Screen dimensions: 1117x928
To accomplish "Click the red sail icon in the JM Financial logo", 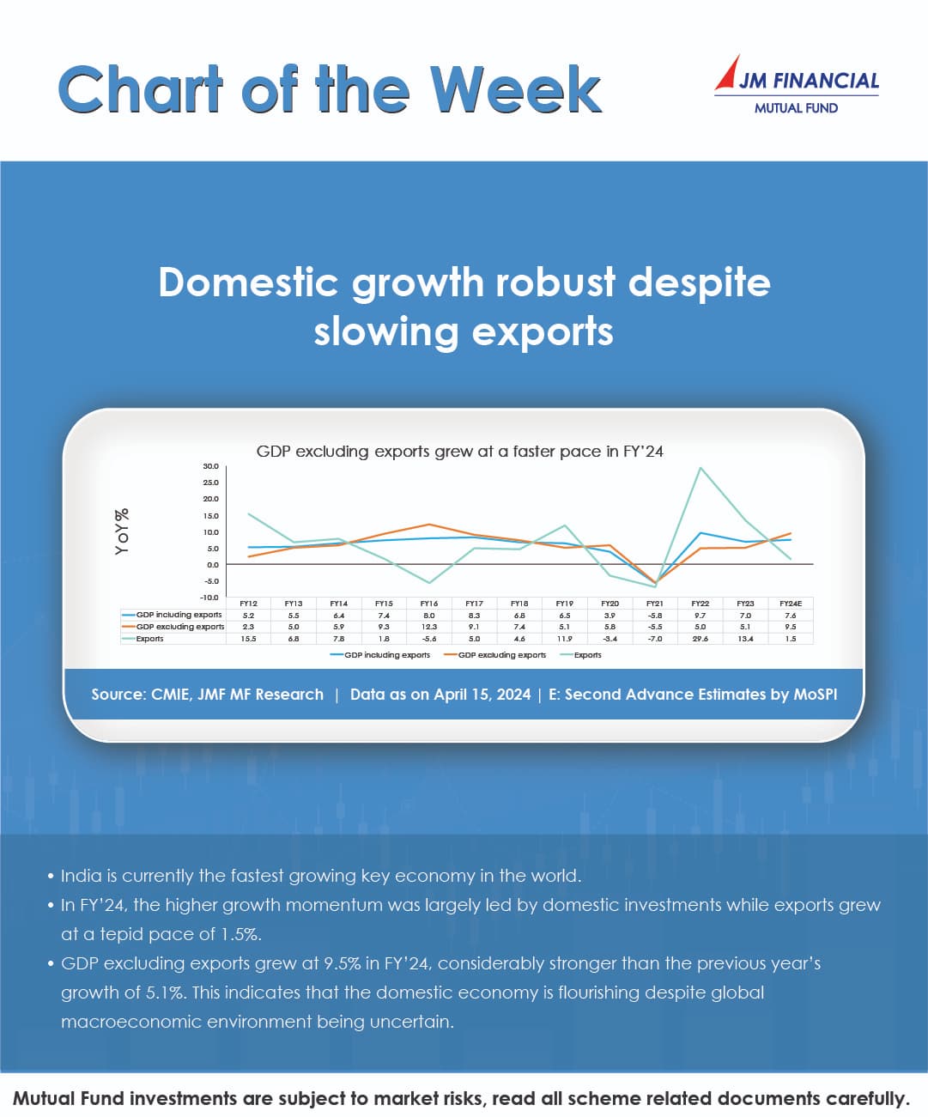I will (x=729, y=73).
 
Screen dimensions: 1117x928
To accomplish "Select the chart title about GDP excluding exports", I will (x=459, y=452).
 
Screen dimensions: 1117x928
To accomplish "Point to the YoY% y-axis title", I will (x=123, y=531).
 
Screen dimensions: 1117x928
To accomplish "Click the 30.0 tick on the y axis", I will (x=210, y=466).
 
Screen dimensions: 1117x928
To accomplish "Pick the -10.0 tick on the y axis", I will (x=209, y=597).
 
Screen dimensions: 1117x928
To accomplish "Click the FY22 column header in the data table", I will (x=700, y=604).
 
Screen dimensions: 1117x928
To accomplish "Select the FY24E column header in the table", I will (x=790, y=604).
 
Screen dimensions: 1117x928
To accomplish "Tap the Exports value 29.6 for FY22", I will (x=700, y=639).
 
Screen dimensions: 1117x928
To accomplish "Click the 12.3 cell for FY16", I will (x=429, y=627).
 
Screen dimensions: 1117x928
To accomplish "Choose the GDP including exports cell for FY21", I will (x=655, y=616).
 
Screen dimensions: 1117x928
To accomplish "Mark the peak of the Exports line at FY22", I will (x=701, y=468).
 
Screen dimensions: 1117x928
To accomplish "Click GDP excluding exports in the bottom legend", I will (x=501, y=655).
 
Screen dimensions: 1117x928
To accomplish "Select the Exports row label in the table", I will (x=149, y=639).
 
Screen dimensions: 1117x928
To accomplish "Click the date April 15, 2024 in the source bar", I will (x=482, y=695).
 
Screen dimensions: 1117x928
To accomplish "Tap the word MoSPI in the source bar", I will (x=815, y=695).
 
